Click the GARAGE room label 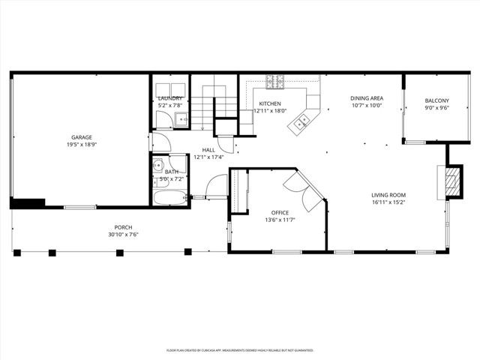point(82,137)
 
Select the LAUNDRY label point(169,98)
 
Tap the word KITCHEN point(270,103)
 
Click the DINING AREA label point(367,98)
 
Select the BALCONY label point(436,100)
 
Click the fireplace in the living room point(449,181)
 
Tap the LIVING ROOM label point(388,195)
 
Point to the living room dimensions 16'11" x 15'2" point(388,202)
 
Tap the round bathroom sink point(159,167)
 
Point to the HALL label point(208,150)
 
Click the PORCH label point(123,227)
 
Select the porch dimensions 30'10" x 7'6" point(123,235)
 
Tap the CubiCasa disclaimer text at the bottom point(240,349)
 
